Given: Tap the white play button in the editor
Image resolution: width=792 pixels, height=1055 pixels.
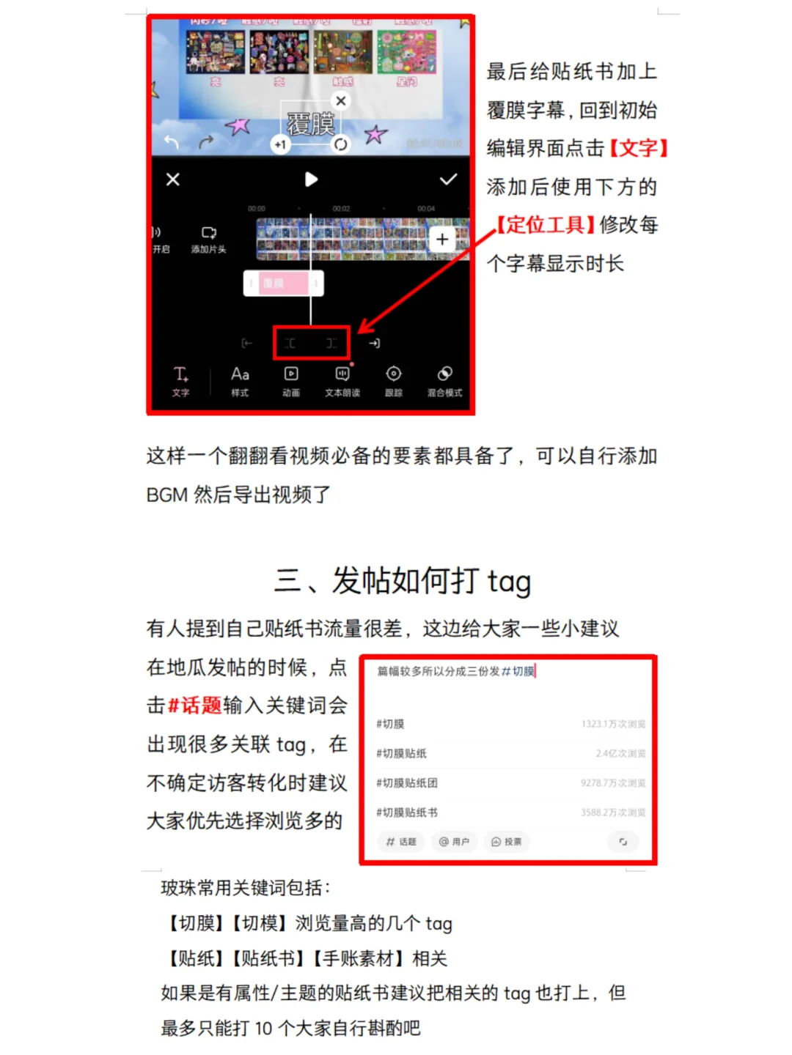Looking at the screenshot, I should click(311, 179).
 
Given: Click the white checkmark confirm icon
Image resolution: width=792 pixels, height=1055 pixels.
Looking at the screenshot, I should click(448, 179).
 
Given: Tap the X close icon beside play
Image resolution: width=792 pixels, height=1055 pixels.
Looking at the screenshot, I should click(173, 179).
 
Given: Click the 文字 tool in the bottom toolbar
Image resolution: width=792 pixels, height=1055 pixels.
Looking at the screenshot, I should click(180, 381).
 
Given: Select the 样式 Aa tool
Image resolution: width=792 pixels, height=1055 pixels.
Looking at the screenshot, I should click(240, 381).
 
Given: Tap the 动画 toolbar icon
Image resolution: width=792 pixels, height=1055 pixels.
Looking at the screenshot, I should click(291, 381).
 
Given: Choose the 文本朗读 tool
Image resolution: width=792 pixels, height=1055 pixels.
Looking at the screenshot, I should click(342, 381).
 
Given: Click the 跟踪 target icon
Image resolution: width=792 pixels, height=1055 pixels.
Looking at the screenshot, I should click(394, 381).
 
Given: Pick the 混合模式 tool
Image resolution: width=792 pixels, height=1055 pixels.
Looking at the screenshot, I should click(444, 381).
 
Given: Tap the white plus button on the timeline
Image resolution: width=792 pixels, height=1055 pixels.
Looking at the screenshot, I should click(442, 240).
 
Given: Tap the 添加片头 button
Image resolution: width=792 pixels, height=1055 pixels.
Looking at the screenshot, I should click(209, 240).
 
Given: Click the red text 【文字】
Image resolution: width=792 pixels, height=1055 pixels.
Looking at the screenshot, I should click(639, 148).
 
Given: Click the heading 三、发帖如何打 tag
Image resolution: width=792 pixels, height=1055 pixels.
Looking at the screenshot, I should click(402, 581).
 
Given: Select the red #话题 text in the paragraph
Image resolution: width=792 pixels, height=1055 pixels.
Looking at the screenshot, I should click(194, 706).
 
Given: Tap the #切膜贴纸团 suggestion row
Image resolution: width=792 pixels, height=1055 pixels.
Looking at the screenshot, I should click(407, 783).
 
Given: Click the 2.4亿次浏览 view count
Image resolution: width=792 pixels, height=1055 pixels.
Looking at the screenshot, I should click(620, 753).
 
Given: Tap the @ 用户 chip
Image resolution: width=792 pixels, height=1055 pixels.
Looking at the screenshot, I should click(454, 842).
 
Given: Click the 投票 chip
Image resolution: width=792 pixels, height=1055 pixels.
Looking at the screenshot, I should click(507, 842).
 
